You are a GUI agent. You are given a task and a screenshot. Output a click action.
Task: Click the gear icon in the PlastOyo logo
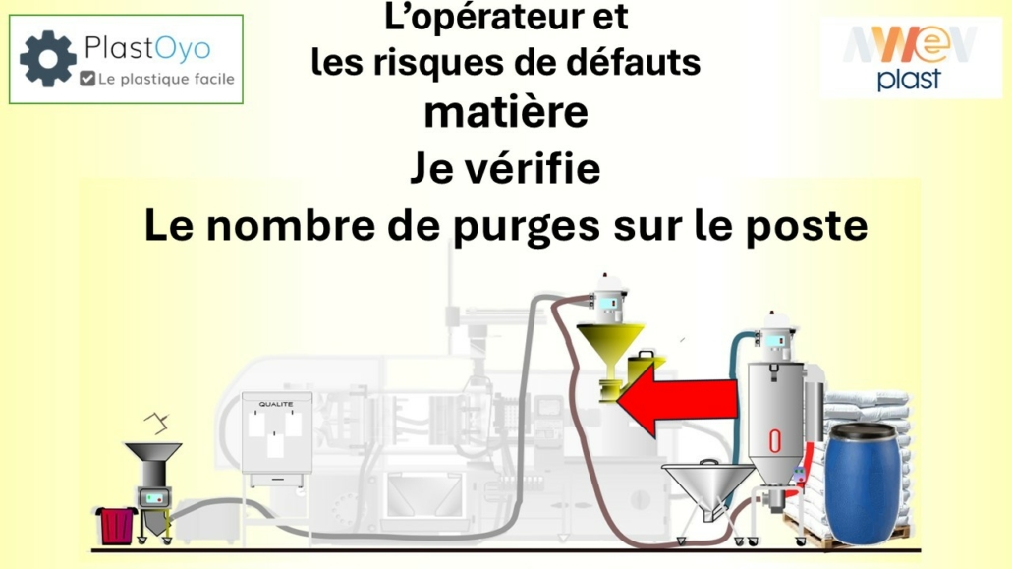[x=47, y=59]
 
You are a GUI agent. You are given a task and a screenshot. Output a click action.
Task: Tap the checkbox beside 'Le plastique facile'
[x=88, y=79]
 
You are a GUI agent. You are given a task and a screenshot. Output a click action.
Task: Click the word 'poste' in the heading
[x=814, y=226]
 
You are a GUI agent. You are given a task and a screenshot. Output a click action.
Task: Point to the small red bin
[x=116, y=524]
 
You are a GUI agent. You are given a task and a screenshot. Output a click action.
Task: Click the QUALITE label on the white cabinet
[x=276, y=404]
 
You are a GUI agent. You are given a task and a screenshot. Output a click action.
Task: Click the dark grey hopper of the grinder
[x=151, y=462]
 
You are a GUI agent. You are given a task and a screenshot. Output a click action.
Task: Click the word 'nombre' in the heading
[x=301, y=227]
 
